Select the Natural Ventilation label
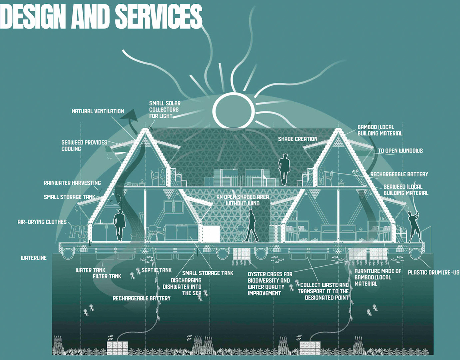point(98,111)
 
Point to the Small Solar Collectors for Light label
point(165,110)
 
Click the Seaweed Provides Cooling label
point(84,145)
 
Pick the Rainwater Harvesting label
point(72,183)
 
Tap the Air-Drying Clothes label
point(42,222)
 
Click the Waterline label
point(34,258)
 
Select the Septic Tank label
point(156,270)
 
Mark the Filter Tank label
point(107,276)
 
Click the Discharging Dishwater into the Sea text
point(182,287)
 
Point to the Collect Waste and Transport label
point(323,291)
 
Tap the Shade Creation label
point(298,139)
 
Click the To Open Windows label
point(400,151)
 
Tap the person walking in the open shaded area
point(252,225)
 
